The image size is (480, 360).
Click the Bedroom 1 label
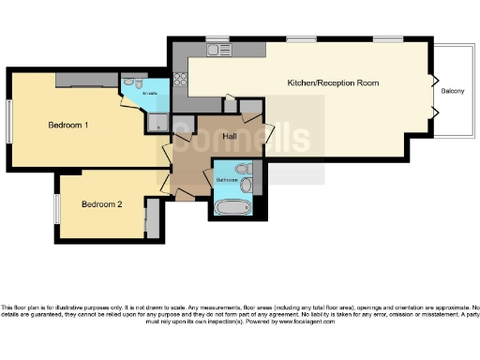pos(67,124)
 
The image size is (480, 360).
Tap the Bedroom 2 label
pos(101,204)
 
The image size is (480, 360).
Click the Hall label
pos(228,137)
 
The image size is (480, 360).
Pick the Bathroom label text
pos(228,179)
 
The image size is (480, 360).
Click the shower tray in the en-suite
pos(157,120)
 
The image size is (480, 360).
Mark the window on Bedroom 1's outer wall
pos(10,121)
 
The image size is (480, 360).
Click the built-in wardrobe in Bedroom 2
pos(147,220)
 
